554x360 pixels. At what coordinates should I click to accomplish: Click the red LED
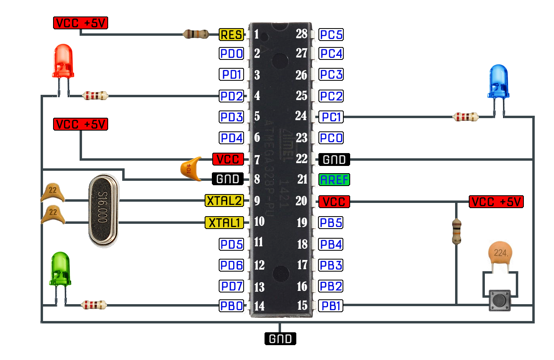(63, 62)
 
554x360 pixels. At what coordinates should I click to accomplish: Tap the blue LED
(498, 82)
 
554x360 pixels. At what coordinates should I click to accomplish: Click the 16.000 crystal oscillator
(103, 211)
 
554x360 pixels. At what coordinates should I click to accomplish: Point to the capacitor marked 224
(501, 254)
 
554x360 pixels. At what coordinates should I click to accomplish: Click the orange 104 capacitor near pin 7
(191, 169)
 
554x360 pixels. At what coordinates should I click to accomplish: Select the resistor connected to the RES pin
(196, 34)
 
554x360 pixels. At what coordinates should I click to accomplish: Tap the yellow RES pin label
(231, 35)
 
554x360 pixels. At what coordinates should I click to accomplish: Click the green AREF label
(334, 180)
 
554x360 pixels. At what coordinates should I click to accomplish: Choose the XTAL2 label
(224, 200)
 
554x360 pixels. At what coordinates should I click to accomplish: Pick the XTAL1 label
(224, 222)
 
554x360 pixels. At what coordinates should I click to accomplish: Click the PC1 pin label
(331, 117)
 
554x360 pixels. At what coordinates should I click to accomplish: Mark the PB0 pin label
(231, 306)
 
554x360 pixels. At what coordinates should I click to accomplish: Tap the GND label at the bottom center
(280, 339)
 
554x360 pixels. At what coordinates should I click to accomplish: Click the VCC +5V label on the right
(496, 202)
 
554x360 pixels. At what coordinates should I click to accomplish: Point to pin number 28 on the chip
(302, 34)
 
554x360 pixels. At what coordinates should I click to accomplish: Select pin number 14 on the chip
(259, 306)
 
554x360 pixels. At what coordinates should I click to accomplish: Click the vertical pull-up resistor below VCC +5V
(456, 231)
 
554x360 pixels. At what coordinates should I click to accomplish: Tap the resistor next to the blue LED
(466, 117)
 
